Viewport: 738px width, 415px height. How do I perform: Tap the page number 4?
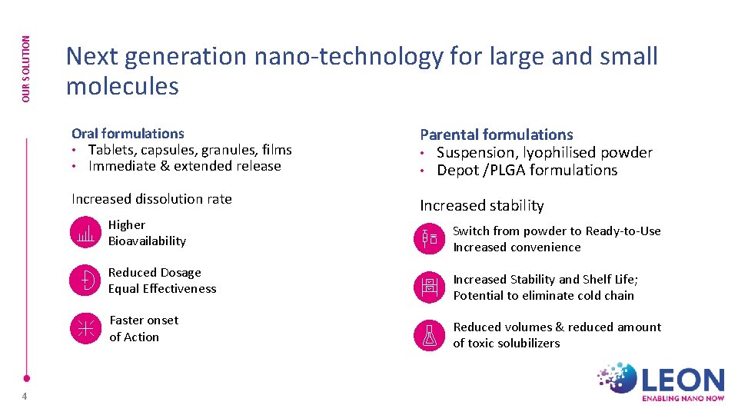pyautogui.click(x=25, y=397)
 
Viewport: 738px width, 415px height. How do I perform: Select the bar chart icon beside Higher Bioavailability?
pyautogui.click(x=85, y=233)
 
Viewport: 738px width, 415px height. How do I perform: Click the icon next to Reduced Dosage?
pyautogui.click(x=85, y=281)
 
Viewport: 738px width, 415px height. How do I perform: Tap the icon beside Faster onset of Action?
pyautogui.click(x=85, y=328)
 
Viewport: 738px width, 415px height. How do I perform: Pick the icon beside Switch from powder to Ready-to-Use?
pyautogui.click(x=429, y=239)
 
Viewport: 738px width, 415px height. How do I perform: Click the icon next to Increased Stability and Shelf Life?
pyautogui.click(x=429, y=287)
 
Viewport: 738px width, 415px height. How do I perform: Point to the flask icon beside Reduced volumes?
pyautogui.click(x=429, y=335)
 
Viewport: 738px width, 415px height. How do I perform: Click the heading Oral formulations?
pyautogui.click(x=128, y=134)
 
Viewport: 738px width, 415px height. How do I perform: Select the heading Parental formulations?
pyautogui.click(x=496, y=134)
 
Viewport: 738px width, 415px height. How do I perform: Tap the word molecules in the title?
pyautogui.click(x=122, y=86)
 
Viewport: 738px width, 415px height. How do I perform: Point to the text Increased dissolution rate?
pyautogui.click(x=151, y=199)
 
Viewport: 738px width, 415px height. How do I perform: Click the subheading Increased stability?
pyautogui.click(x=481, y=205)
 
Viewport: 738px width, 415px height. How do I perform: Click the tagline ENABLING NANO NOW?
pyautogui.click(x=682, y=399)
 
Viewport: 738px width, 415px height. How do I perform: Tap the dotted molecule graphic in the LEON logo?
pyautogui.click(x=618, y=378)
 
